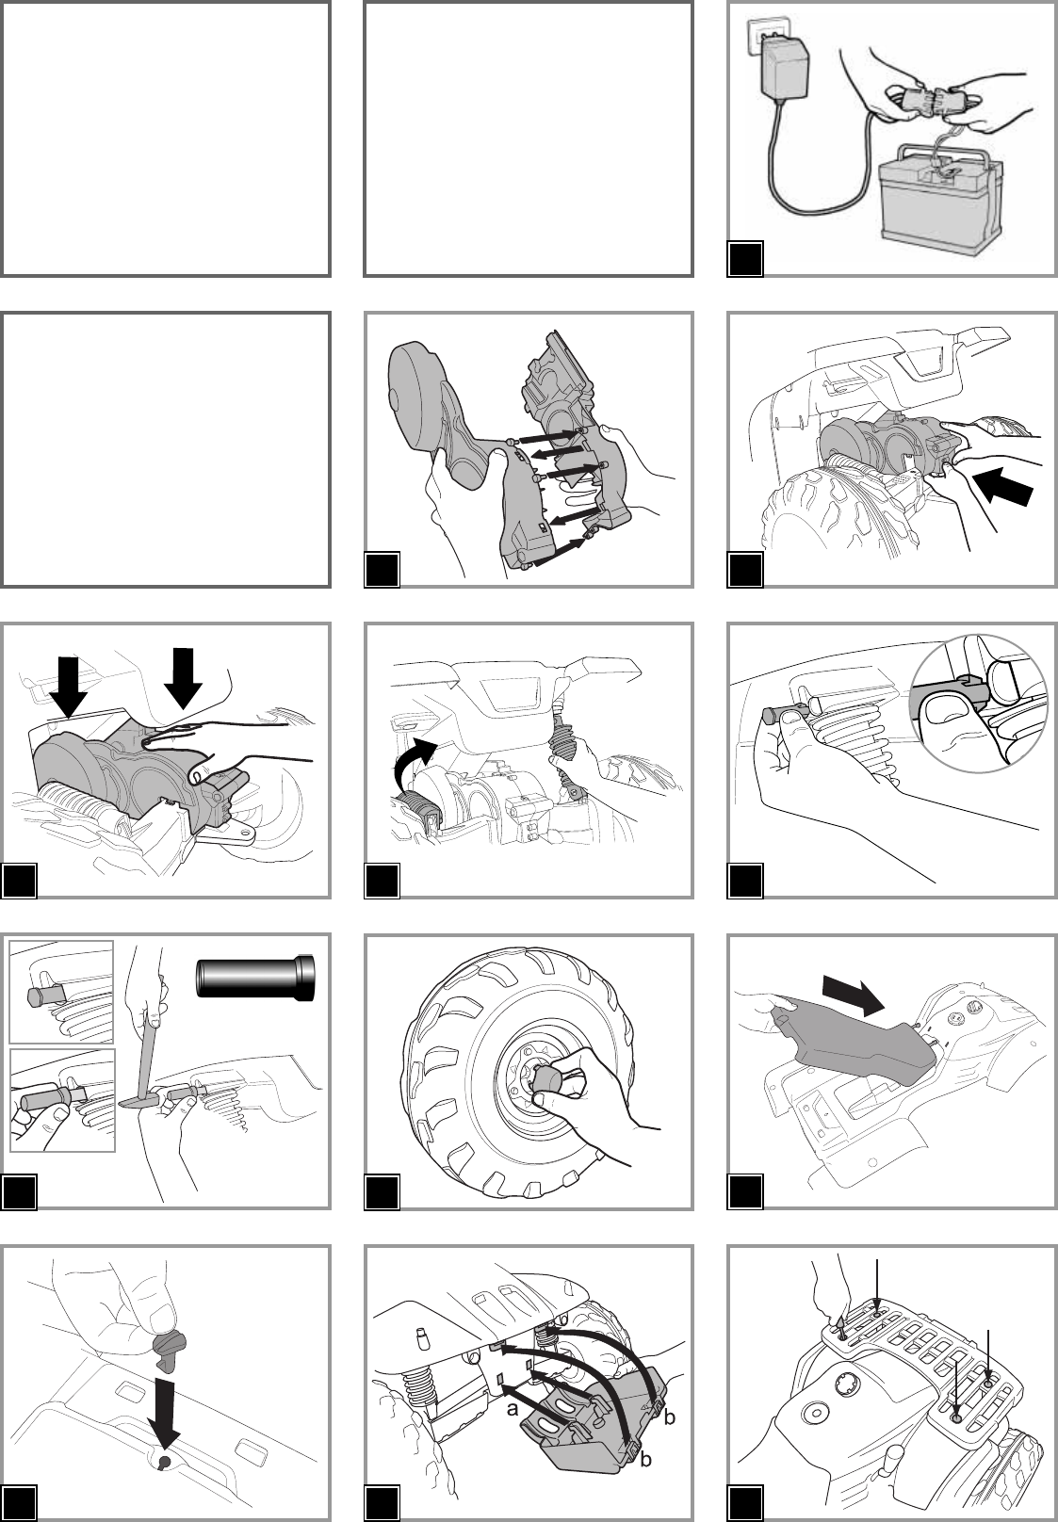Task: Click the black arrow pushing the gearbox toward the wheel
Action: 1003,485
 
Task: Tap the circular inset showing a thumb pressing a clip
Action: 978,704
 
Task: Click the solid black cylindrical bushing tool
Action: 255,978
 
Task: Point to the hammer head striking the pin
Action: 135,1101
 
